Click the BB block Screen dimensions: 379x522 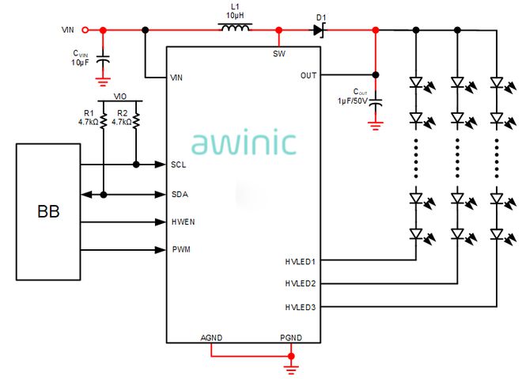pyautogui.click(x=47, y=211)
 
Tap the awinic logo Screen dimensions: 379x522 pyautogui.click(x=244, y=142)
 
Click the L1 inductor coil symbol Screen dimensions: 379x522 pyautogui.click(x=235, y=29)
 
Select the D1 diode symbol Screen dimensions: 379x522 pyautogui.click(x=319, y=30)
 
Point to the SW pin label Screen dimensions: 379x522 pyautogui.click(x=278, y=54)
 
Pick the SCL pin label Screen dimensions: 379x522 pyautogui.click(x=178, y=165)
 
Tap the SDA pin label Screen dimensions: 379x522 pyautogui.click(x=179, y=194)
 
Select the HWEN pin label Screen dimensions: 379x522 pyautogui.click(x=183, y=222)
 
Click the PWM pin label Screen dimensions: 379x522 pyautogui.click(x=180, y=250)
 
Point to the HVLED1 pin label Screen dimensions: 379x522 pyautogui.click(x=301, y=260)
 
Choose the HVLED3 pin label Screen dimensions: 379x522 pyautogui.click(x=301, y=306)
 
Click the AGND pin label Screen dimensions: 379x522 pyautogui.click(x=211, y=337)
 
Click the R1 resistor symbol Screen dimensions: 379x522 pyautogui.click(x=104, y=121)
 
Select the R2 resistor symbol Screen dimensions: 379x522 pyautogui.click(x=137, y=121)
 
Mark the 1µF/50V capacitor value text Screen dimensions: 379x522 pyautogui.click(x=353, y=100)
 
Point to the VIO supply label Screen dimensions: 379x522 pyautogui.click(x=120, y=96)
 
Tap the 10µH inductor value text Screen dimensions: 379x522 pyautogui.click(x=235, y=15)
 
